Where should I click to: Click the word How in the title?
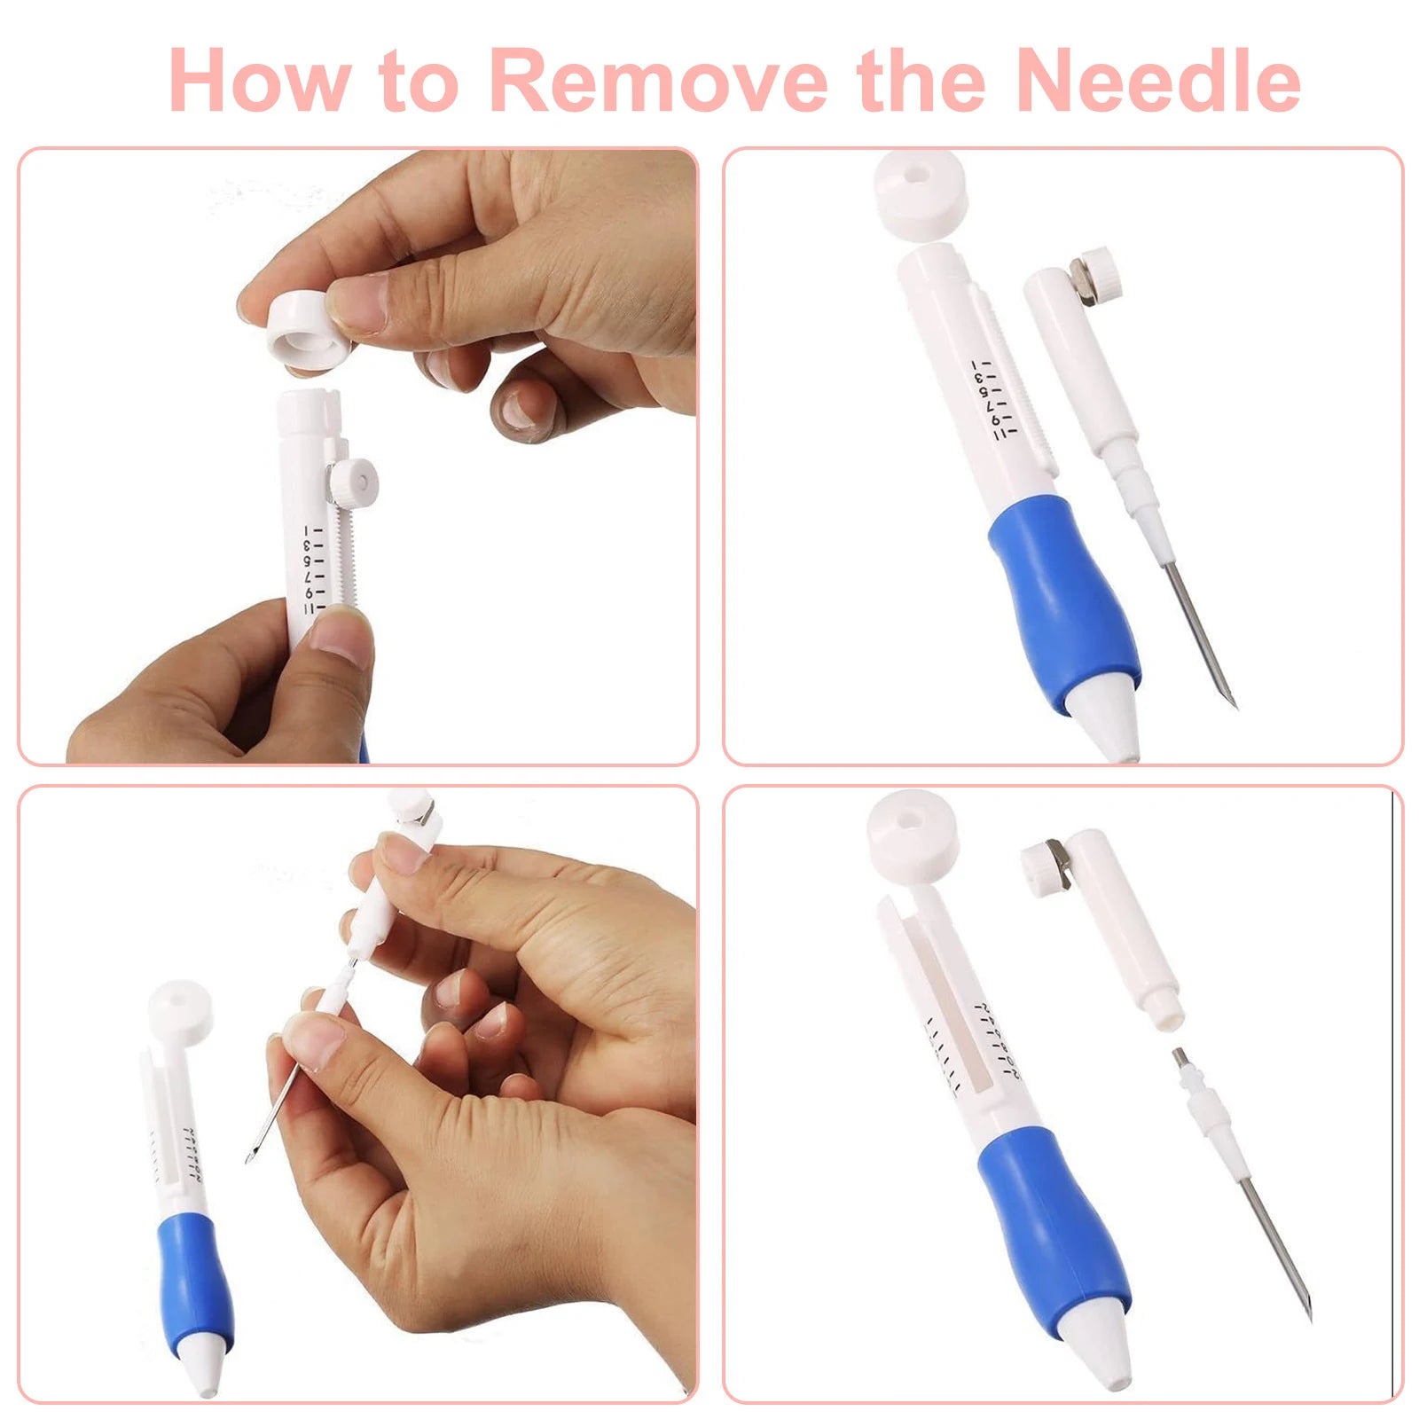(258, 82)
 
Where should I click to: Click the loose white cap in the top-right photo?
(919, 192)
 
